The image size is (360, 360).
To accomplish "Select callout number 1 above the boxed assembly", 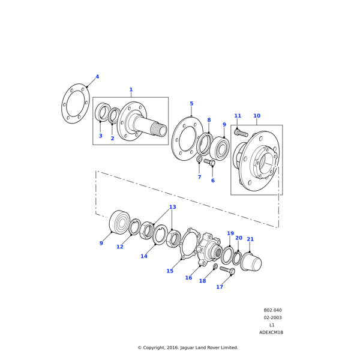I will (131, 90).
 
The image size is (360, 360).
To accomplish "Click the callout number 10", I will (257, 116).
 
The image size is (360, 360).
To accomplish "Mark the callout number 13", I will (172, 207).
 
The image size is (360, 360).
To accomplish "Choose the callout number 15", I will (170, 271).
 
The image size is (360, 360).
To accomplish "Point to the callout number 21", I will (250, 239).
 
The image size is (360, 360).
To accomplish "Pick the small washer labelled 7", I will (199, 160).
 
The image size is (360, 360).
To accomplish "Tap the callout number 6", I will (212, 181).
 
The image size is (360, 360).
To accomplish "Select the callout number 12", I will (120, 247).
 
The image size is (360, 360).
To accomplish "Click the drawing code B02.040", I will (272, 311).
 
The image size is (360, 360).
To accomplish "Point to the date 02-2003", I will (272, 318).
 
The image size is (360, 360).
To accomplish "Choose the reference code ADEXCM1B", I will (271, 332).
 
